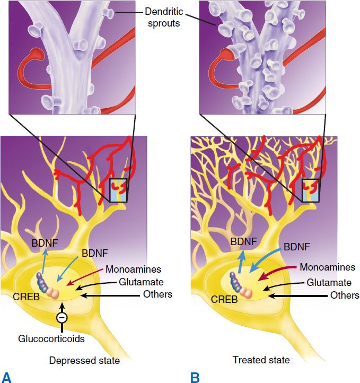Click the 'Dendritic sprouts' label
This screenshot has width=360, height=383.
164,18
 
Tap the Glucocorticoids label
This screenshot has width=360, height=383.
51,338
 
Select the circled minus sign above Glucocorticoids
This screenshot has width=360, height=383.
62,317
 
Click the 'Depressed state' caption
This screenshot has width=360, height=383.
84,360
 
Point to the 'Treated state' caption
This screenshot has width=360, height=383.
261,360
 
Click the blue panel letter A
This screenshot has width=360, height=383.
6,377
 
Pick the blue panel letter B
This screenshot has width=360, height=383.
195,377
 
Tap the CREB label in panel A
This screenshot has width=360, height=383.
26,297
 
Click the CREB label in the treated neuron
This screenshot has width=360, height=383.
224,299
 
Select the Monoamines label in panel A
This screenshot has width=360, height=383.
133,269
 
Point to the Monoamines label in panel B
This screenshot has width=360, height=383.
327,267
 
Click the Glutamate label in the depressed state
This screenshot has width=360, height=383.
141,282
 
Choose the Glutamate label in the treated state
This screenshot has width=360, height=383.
329,283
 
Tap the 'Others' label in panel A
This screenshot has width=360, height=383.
157,294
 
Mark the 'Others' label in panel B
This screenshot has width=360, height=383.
345,295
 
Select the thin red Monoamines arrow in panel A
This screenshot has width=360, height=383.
84,277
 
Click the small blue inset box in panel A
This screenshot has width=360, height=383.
118,190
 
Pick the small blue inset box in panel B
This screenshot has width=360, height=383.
311,190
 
